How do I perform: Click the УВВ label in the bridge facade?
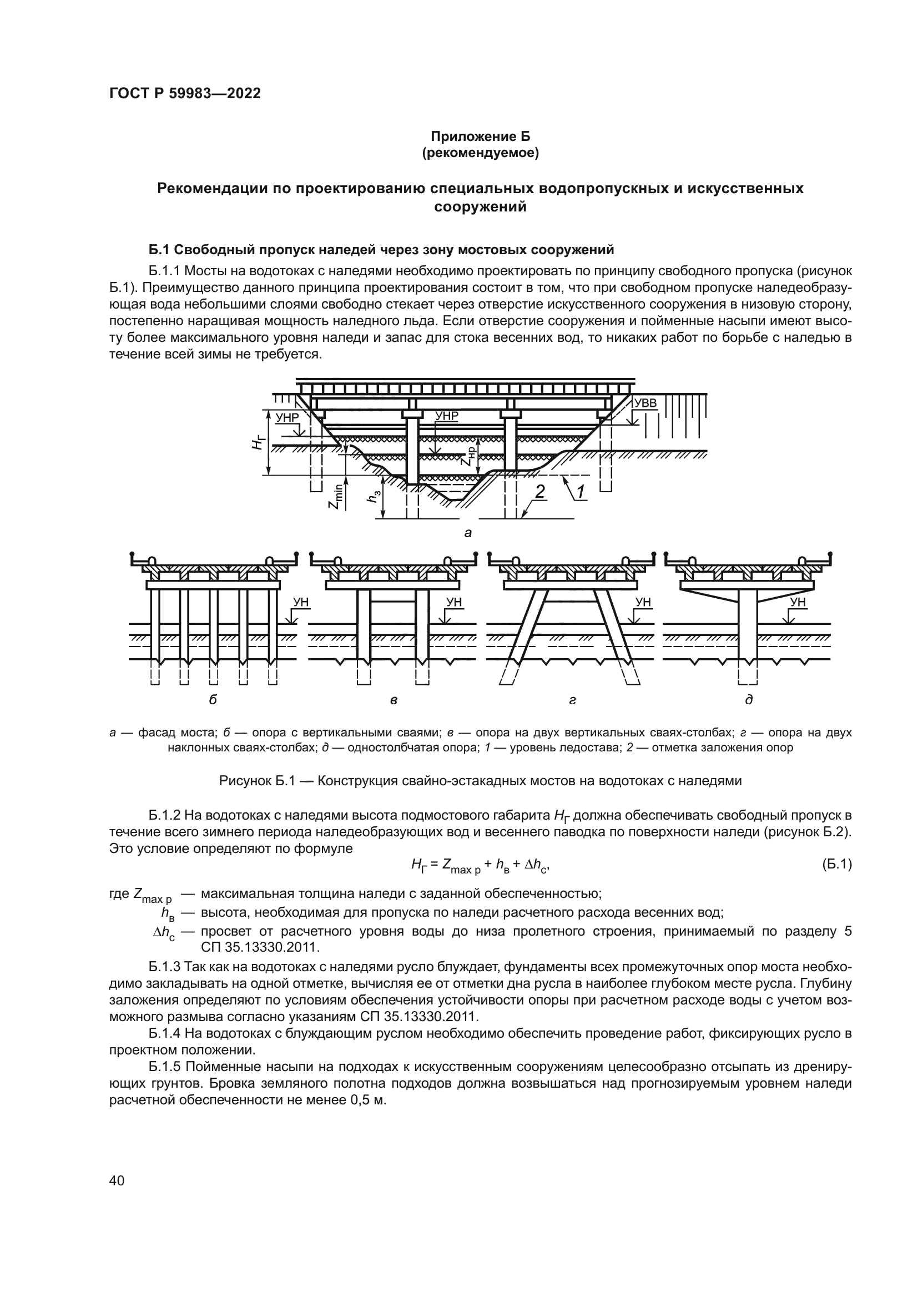click(x=645, y=403)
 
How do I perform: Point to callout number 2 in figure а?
click(x=540, y=491)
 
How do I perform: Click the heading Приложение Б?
click(x=481, y=137)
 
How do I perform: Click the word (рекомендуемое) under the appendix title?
click(x=481, y=153)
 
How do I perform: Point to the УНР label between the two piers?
click(x=447, y=416)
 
